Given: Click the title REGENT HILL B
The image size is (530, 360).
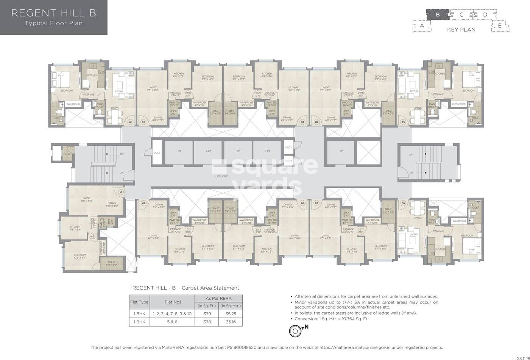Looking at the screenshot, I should [53, 13].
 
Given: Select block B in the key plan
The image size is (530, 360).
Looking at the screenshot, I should [438, 15].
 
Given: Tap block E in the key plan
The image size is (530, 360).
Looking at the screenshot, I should [500, 26].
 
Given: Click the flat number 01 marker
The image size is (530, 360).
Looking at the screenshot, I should [130, 122].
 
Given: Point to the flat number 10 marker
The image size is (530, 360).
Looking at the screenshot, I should [121, 192].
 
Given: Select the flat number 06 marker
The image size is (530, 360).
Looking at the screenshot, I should [403, 203].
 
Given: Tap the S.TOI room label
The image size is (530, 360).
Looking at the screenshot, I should [67, 154].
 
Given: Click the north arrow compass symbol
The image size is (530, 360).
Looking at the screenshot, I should [295, 331].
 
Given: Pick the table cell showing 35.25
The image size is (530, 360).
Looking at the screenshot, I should [231, 313].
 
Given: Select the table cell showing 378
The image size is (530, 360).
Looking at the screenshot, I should [207, 322].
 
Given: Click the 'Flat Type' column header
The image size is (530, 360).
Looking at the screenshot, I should [139, 302].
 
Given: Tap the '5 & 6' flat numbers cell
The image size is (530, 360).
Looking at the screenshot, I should [172, 322].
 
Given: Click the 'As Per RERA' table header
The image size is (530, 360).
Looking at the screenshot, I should [218, 298].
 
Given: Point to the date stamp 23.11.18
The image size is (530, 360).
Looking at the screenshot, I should [522, 357].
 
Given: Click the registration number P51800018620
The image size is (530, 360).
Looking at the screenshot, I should [247, 347].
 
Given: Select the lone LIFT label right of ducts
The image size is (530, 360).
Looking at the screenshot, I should [341, 151].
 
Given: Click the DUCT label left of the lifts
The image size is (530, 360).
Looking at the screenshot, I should [157, 153].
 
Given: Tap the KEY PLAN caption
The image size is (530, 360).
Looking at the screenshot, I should [461, 30].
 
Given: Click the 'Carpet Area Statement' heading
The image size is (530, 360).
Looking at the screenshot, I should [210, 288].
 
